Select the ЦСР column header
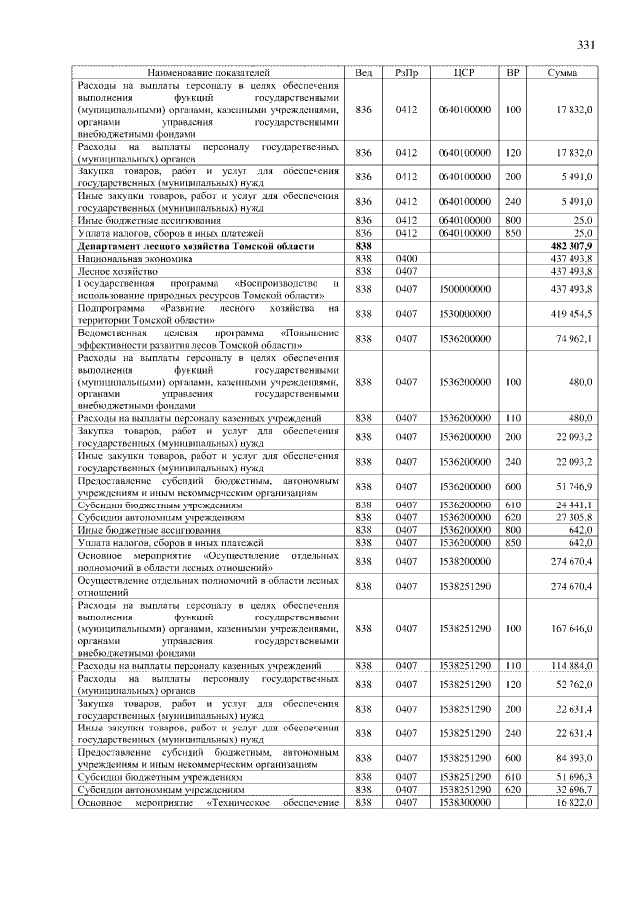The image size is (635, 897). point(464,73)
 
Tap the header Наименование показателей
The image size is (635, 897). point(208,73)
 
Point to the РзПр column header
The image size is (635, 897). point(406,73)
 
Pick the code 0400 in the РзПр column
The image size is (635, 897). point(406,257)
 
